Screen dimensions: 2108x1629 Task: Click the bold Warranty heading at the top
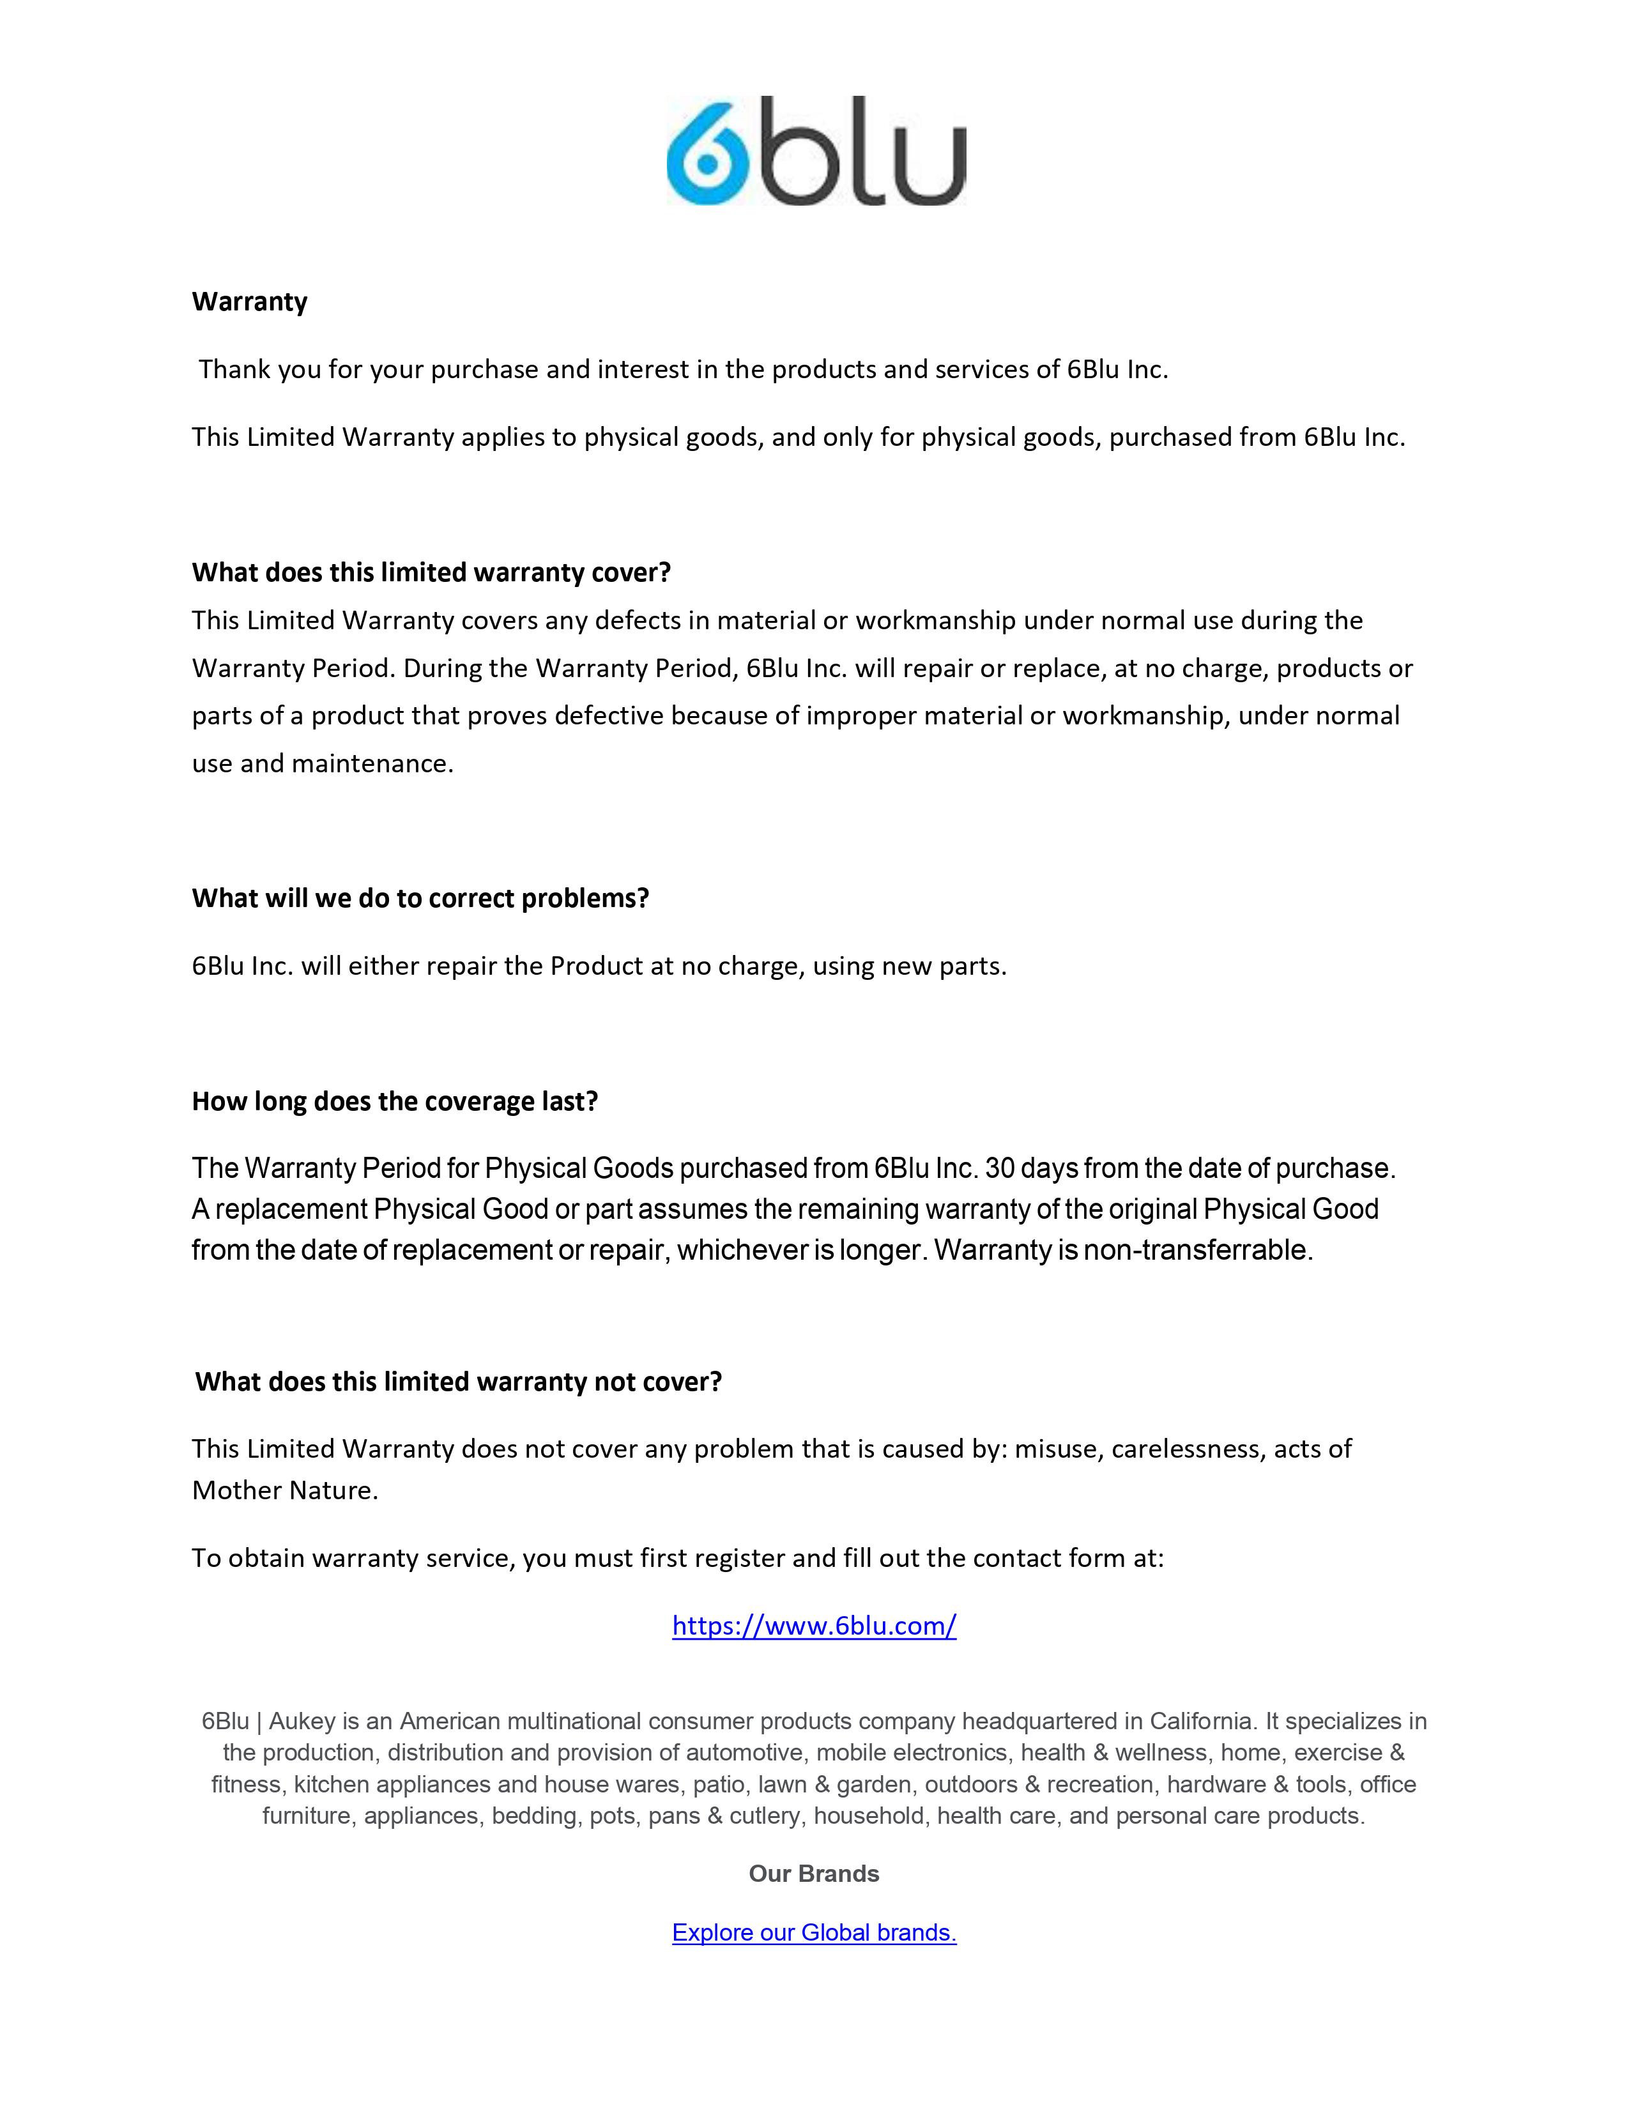pos(250,302)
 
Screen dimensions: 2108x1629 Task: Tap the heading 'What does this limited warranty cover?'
pos(431,572)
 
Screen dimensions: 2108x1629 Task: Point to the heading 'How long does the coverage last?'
pos(395,1101)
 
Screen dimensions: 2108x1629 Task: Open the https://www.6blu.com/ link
pos(813,1626)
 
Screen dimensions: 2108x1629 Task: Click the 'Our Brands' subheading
pos(813,1874)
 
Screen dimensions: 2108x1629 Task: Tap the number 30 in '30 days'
pos(1000,1169)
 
